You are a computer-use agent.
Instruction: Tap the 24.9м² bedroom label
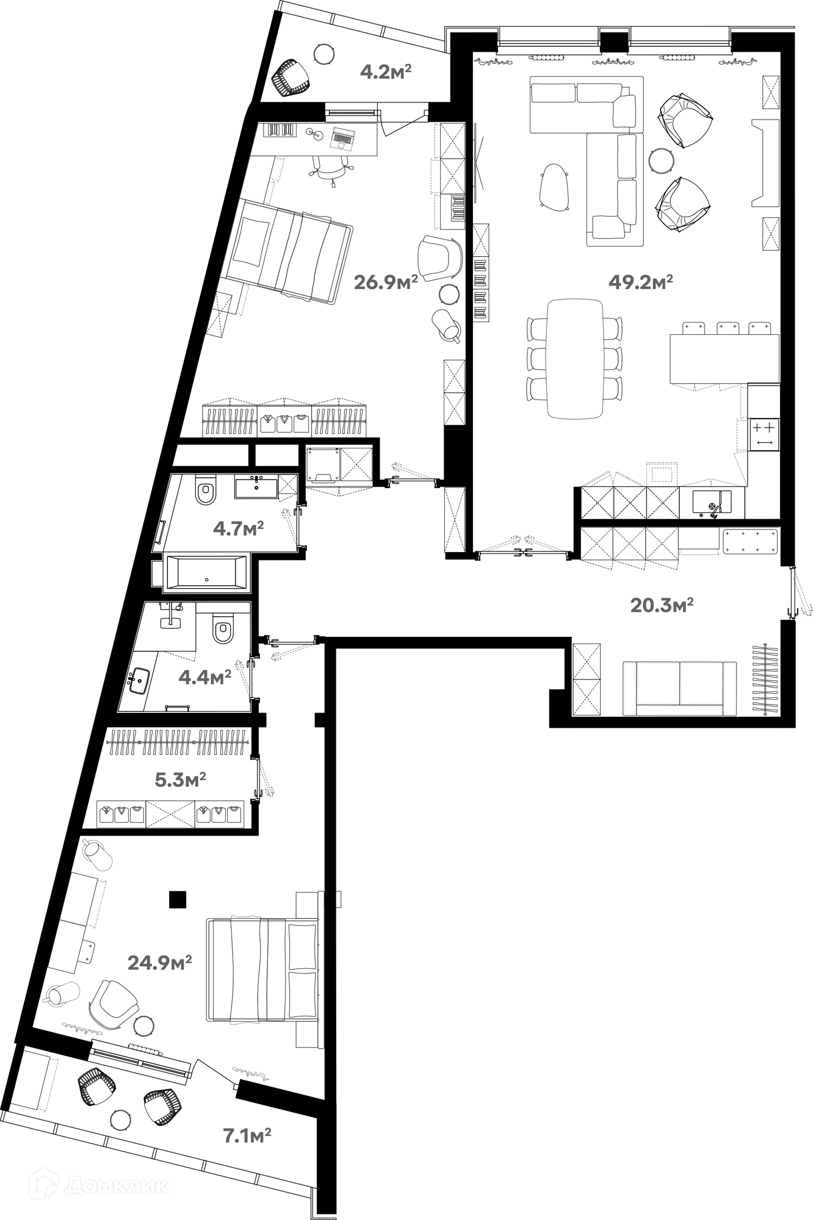(160, 963)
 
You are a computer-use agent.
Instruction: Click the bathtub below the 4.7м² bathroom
(205, 572)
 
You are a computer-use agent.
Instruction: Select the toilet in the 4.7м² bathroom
(206, 493)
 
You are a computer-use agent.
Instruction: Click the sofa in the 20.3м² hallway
(679, 687)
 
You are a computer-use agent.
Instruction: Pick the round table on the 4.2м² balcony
(325, 54)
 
